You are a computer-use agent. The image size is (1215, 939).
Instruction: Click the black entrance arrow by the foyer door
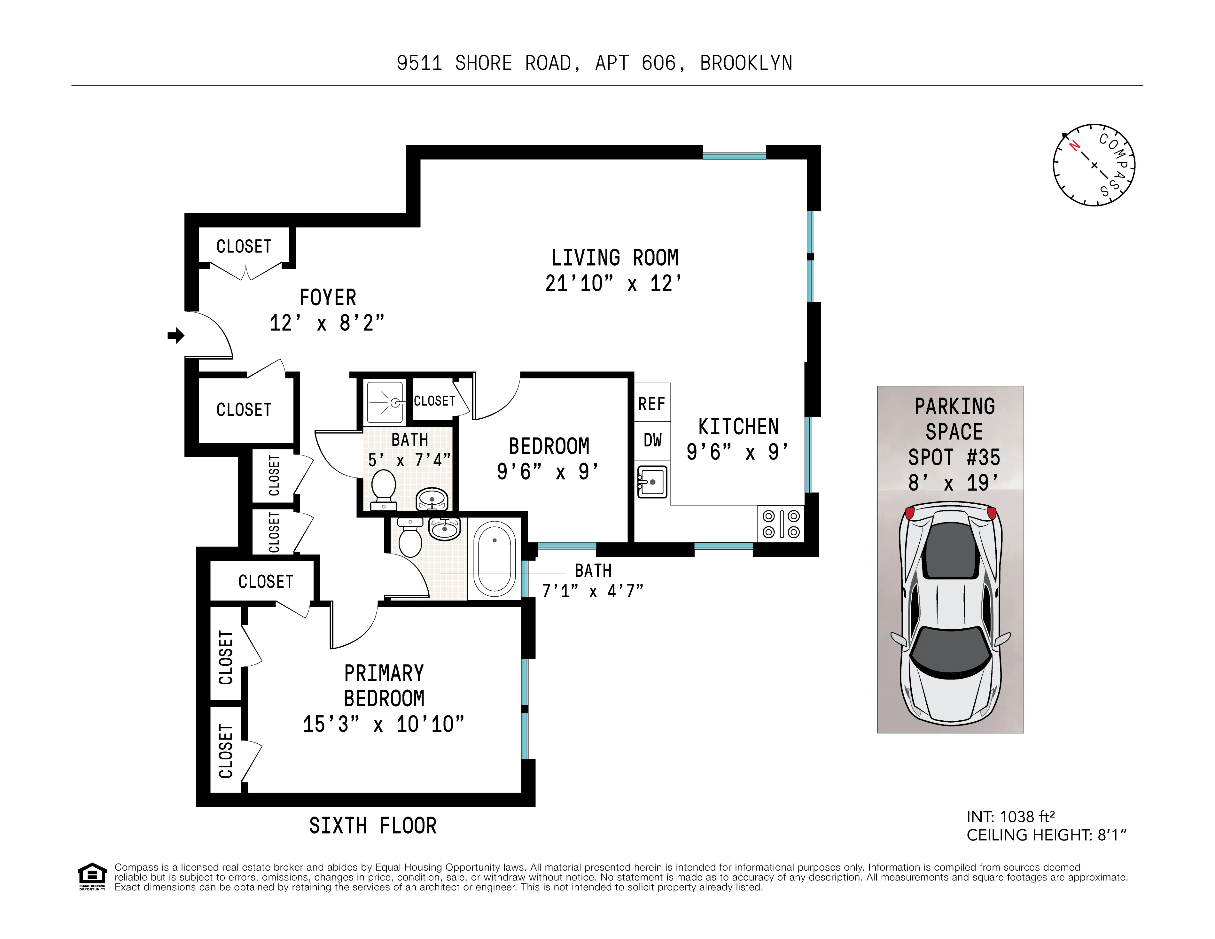pyautogui.click(x=176, y=336)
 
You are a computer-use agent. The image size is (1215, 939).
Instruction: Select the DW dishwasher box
pyautogui.click(x=652, y=440)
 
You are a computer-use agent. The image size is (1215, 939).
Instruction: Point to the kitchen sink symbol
pyautogui.click(x=652, y=482)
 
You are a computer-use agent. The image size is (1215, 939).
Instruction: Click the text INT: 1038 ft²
pyautogui.click(x=1010, y=817)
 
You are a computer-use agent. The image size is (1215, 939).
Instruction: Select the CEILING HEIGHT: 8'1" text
pyautogui.click(x=1046, y=835)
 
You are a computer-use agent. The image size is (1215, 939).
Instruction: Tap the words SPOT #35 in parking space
pyautogui.click(x=954, y=458)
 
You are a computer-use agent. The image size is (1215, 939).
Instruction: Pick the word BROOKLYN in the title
pyautogui.click(x=746, y=63)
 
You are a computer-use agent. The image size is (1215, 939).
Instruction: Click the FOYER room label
pyautogui.click(x=328, y=298)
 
